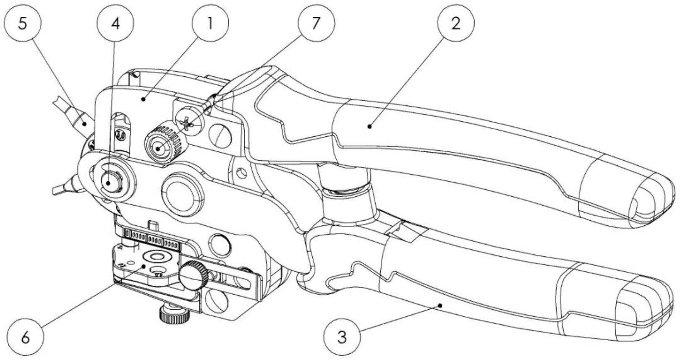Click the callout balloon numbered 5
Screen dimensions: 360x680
tap(23, 24)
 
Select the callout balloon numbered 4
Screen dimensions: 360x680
tap(115, 24)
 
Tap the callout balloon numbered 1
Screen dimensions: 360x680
tap(210, 24)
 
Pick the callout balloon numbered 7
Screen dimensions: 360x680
tap(316, 24)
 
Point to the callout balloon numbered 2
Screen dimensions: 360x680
tap(456, 24)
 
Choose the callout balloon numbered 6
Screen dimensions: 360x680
tap(25, 337)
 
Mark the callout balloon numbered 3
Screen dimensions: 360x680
tap(342, 337)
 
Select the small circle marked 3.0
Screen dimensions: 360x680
tap(121, 135)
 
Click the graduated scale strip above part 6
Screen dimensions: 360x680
tap(151, 239)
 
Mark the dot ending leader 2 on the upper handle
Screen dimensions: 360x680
tap(369, 125)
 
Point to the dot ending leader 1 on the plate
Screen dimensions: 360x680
tap(143, 99)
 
